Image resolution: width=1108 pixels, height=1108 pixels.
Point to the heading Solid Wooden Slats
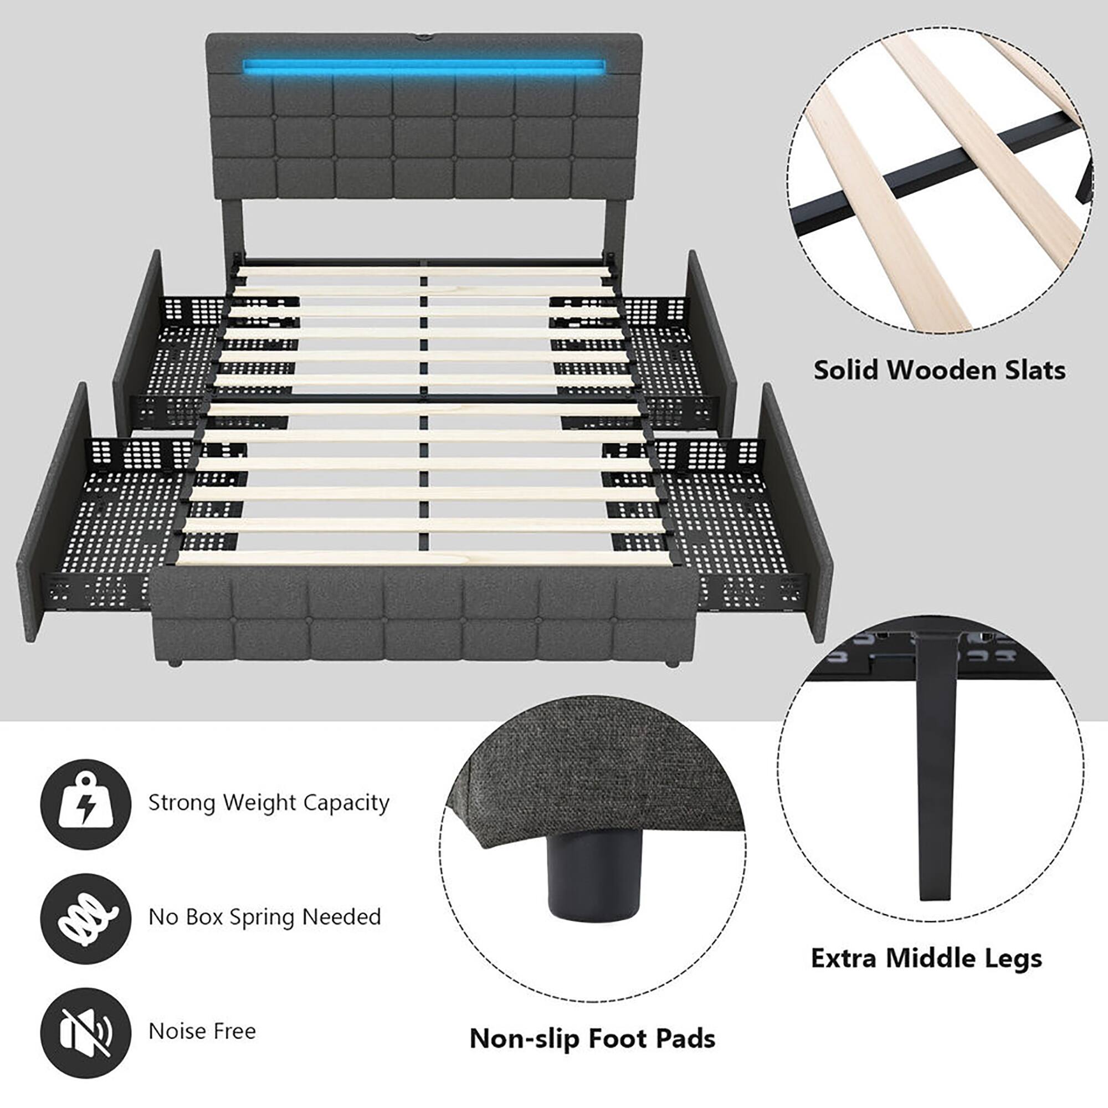[940, 370]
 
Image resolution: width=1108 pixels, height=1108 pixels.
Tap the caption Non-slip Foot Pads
[592, 1039]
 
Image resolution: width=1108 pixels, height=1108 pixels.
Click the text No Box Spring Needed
[264, 917]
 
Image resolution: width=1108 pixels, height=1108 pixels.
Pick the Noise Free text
[202, 1031]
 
